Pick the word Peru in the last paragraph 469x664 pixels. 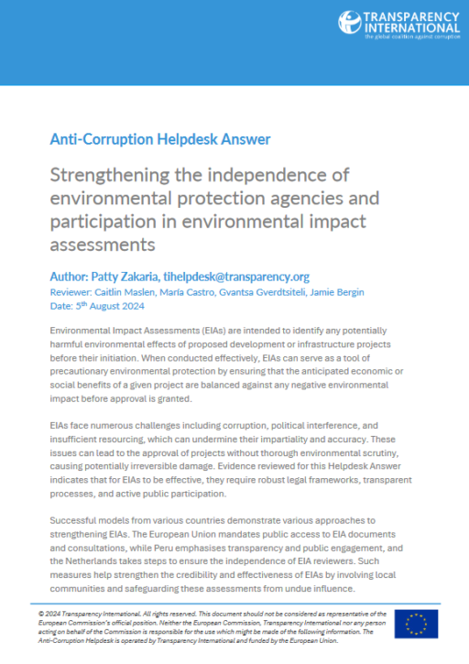pyautogui.click(x=257, y=548)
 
